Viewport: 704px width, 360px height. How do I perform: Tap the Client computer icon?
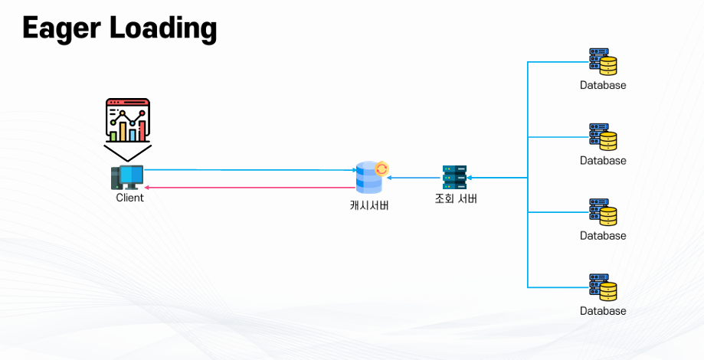[126, 177]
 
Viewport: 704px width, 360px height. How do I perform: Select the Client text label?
[129, 198]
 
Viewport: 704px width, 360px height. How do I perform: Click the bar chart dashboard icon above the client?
[127, 120]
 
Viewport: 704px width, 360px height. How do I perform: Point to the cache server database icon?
[368, 178]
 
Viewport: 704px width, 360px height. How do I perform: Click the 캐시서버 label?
[368, 205]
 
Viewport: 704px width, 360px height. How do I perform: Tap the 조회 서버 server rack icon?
[454, 177]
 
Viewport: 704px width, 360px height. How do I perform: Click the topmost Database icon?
[603, 61]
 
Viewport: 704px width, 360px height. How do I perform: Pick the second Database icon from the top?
[603, 136]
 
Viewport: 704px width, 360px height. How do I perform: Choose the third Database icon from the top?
[603, 211]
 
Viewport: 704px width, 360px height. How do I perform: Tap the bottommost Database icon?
[603, 286]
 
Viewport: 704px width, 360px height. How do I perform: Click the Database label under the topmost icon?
[603, 85]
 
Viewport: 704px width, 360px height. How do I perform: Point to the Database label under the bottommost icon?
[603, 311]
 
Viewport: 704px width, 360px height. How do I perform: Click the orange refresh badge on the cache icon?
[381, 169]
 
